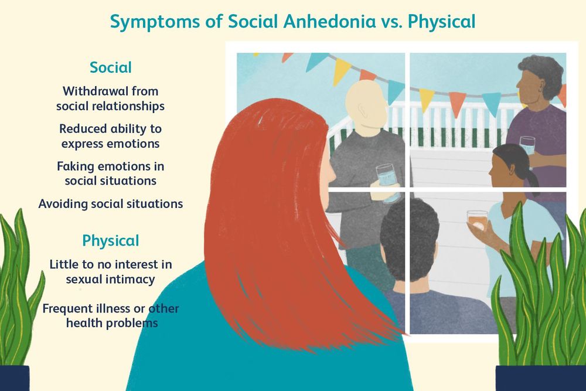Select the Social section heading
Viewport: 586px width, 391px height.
coord(110,67)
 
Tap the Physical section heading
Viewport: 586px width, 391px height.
coord(110,240)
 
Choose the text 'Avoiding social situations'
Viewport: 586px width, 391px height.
coord(110,204)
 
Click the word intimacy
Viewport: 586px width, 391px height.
coord(128,279)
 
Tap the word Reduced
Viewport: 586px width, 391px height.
coord(84,128)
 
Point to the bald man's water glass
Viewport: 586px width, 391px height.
coord(387,182)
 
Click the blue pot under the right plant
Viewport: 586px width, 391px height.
coord(539,378)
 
